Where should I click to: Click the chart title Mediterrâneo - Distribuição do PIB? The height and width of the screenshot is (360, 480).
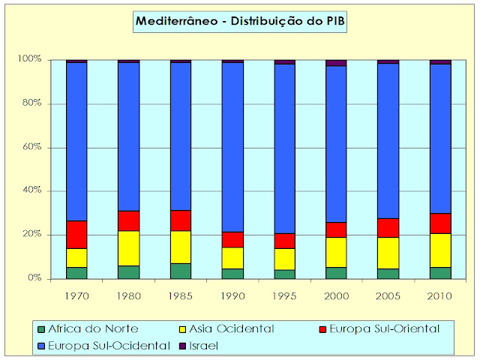(x=239, y=22)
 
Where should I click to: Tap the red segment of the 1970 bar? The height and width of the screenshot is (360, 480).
(x=76, y=235)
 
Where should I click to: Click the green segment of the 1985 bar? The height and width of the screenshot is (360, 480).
(x=181, y=271)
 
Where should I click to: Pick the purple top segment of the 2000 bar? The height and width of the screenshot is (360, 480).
(x=336, y=63)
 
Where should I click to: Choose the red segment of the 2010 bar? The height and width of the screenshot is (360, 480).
(x=440, y=223)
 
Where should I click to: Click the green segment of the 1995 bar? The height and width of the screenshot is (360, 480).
(x=284, y=274)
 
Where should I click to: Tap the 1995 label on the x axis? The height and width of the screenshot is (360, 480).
(x=284, y=296)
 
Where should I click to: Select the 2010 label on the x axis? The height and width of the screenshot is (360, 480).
(x=440, y=296)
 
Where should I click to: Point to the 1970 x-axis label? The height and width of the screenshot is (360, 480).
(x=76, y=296)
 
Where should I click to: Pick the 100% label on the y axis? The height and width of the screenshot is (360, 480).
(x=32, y=60)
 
